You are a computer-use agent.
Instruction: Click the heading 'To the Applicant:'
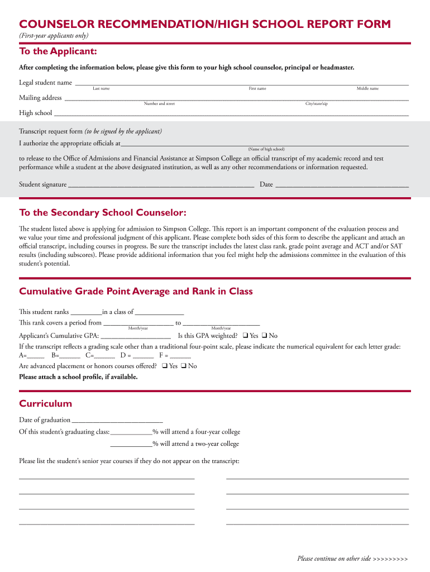(58, 51)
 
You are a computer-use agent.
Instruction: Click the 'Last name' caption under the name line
(101, 89)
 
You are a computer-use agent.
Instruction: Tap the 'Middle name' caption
(367, 89)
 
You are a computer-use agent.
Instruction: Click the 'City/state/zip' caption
(316, 104)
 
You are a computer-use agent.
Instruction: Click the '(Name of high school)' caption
(266, 150)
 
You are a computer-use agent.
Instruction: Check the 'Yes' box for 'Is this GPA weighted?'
(245, 336)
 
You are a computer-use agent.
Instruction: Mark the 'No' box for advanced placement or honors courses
(184, 366)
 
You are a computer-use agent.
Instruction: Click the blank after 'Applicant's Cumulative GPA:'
(135, 337)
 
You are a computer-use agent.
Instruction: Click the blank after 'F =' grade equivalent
(180, 357)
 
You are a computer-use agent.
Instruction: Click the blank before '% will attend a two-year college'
(131, 446)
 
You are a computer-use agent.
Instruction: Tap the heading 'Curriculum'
(46, 403)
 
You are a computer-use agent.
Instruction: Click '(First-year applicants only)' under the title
(54, 36)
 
